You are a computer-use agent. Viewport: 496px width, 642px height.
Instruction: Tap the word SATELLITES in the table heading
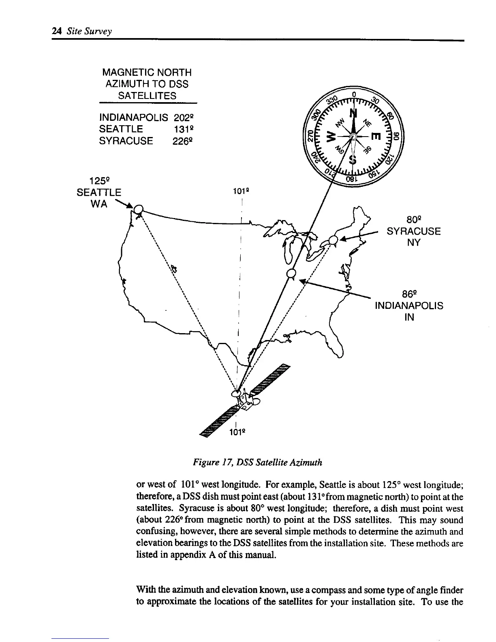point(147,96)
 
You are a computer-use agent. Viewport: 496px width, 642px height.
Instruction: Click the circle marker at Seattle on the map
point(139,210)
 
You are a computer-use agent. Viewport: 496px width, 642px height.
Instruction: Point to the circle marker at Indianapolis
point(291,273)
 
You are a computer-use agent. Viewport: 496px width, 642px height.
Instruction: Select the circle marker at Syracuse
point(333,240)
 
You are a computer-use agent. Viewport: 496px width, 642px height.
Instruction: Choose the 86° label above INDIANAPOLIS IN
point(409,293)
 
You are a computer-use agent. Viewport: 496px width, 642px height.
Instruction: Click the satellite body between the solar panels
point(246,399)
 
